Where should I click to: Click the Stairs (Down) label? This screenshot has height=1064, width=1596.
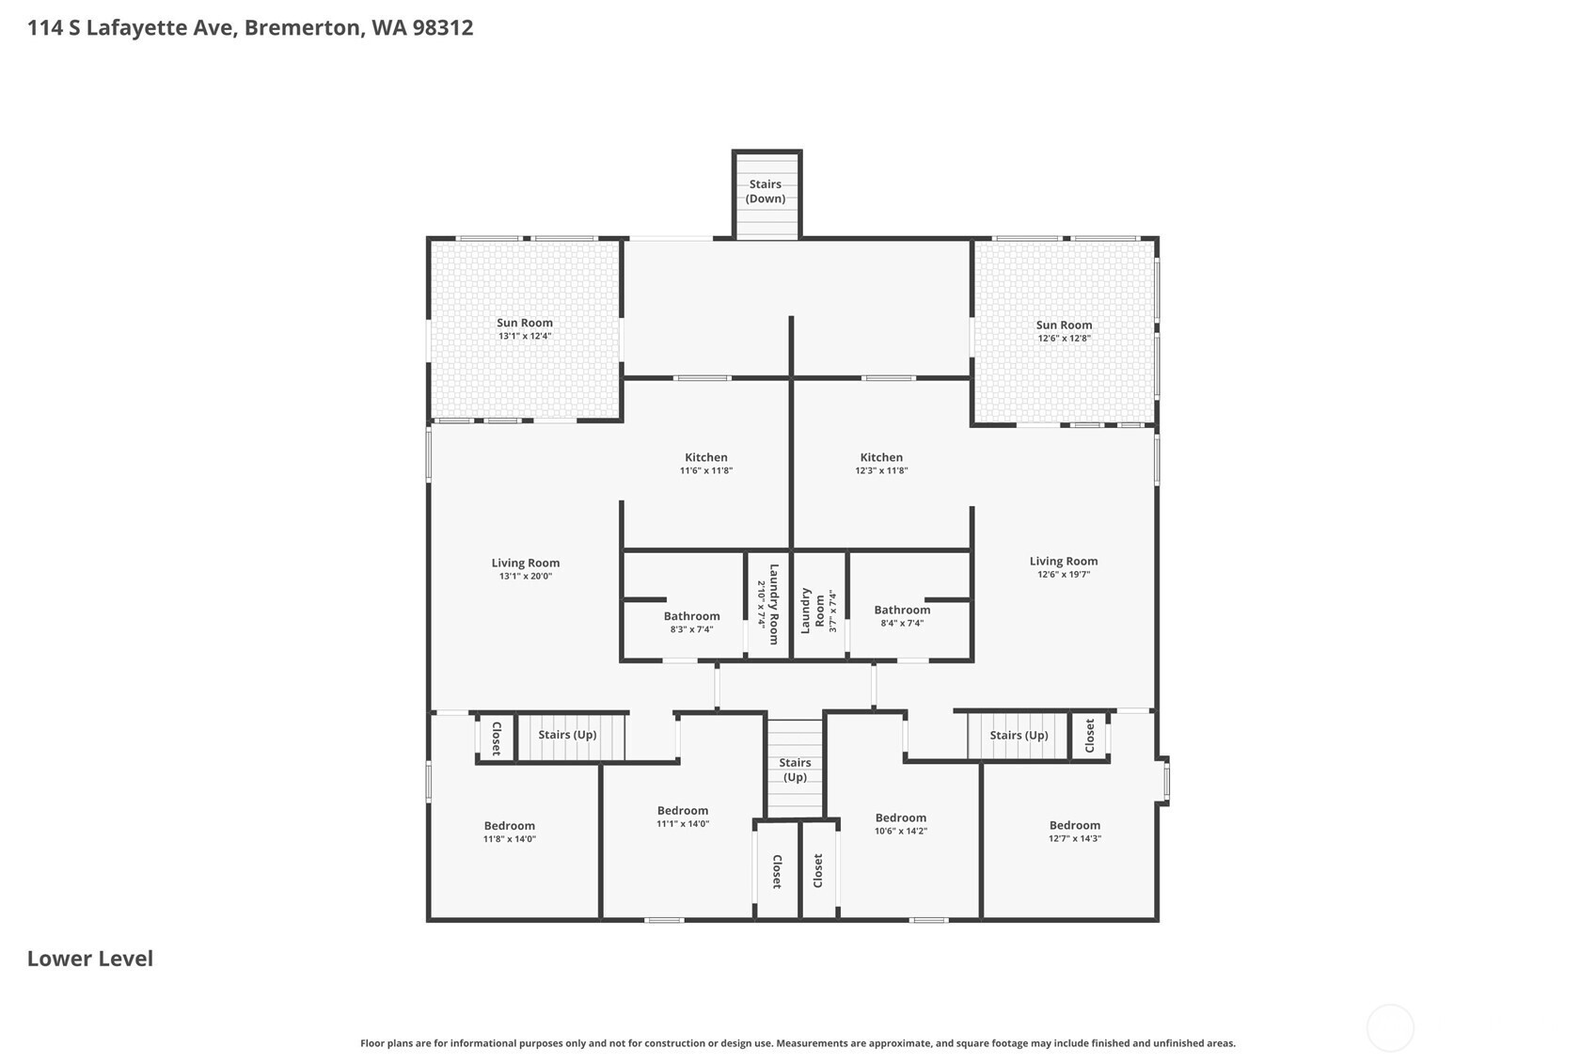pyautogui.click(x=766, y=191)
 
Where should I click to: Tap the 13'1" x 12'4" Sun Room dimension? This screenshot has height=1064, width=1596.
pyautogui.click(x=525, y=337)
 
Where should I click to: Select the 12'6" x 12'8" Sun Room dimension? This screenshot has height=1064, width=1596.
pyautogui.click(x=1064, y=339)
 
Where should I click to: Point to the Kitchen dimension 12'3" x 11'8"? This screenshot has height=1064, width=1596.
pyautogui.click(x=881, y=471)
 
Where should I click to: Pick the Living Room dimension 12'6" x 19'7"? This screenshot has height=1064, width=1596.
pyautogui.click(x=1064, y=575)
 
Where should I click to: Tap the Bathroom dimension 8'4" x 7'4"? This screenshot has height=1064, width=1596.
pyautogui.click(x=902, y=624)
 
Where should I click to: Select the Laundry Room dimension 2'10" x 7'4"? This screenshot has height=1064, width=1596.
pyautogui.click(x=761, y=604)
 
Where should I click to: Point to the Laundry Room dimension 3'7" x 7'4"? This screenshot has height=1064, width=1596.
pyautogui.click(x=833, y=611)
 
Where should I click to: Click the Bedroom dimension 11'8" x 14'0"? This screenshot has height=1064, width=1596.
pyautogui.click(x=510, y=839)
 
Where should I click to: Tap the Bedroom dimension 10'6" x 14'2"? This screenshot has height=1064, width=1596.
pyautogui.click(x=901, y=831)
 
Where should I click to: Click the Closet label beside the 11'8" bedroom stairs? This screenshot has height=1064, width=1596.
pyautogui.click(x=497, y=738)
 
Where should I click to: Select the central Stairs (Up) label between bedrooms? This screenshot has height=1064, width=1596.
pyautogui.click(x=795, y=770)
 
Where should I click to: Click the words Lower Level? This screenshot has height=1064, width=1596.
pyautogui.click(x=89, y=959)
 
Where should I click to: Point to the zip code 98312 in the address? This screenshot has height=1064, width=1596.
pyautogui.click(x=442, y=28)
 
